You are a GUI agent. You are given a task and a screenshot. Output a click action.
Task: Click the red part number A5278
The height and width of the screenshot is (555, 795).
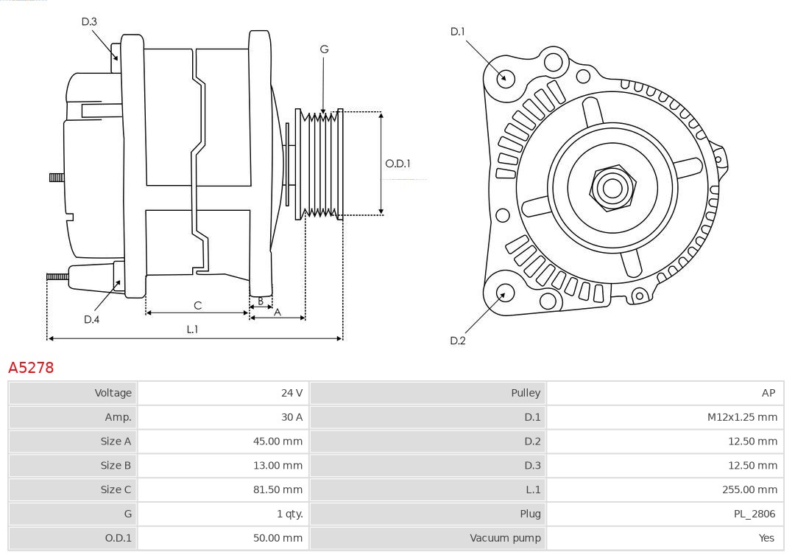pos(31,367)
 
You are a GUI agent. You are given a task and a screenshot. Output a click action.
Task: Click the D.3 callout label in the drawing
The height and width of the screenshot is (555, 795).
pos(89,21)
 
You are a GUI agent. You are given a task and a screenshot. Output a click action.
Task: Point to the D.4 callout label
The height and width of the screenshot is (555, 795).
pos(91,319)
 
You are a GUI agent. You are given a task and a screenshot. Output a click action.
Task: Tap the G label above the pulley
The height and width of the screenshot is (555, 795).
pos(324,49)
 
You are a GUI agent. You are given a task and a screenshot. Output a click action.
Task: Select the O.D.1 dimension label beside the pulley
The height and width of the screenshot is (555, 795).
pos(397,164)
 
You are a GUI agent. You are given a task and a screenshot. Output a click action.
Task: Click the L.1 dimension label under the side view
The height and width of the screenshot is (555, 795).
pos(192,329)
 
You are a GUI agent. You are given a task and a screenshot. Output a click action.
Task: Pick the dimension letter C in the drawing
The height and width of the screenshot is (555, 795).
pos(197,305)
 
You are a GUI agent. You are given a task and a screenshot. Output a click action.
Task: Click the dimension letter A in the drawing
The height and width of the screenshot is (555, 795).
pos(278,312)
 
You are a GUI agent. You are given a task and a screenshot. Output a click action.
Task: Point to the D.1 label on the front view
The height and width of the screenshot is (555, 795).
pos(458,31)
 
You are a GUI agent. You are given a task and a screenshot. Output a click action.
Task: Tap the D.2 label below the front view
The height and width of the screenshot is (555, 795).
pos(458,341)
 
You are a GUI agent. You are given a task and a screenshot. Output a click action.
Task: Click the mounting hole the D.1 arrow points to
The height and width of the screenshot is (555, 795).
pos(505,77)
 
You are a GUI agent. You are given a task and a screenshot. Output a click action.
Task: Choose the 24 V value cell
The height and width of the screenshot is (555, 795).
pos(291,393)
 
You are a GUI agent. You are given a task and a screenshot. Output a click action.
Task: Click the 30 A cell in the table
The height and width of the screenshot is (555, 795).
pos(291,417)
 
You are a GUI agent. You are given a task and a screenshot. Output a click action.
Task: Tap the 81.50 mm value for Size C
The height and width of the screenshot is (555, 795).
pos(278,489)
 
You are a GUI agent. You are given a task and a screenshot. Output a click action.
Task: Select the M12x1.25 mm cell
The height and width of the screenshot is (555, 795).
pos(742,417)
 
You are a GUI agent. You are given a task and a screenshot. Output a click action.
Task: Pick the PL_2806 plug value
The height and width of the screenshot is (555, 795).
pos(755,514)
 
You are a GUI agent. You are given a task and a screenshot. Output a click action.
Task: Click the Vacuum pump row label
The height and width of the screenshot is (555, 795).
pos(505,538)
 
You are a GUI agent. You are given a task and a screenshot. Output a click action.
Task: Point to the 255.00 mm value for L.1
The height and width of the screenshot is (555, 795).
pos(749,489)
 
